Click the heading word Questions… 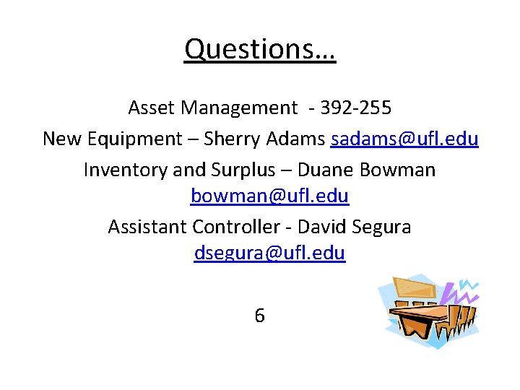(260, 49)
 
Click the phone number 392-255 (355, 108)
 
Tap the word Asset (152, 108)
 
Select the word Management (238, 108)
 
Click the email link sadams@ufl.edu (404, 139)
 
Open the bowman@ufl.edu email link (269, 196)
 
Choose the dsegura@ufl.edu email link (269, 253)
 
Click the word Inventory (123, 170)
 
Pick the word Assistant (147, 227)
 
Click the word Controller (235, 227)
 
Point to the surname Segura (381, 227)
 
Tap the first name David (322, 227)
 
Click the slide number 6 (259, 316)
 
